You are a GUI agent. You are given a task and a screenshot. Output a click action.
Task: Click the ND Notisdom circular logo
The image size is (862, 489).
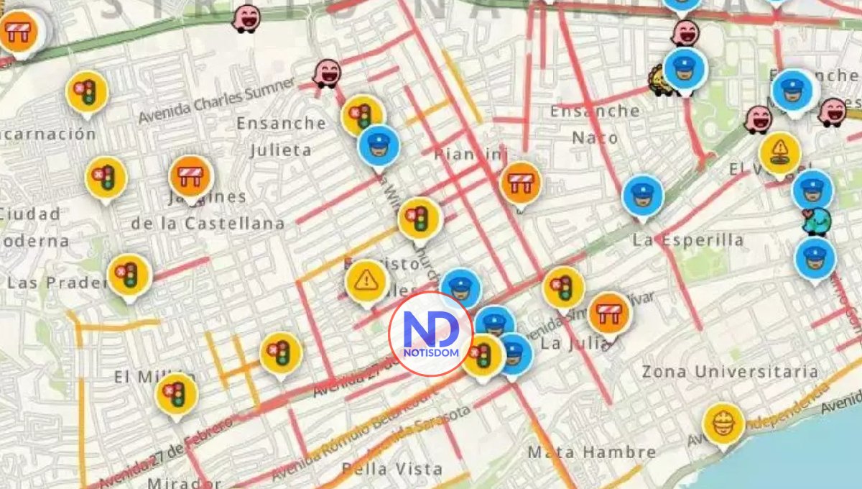point(430,334)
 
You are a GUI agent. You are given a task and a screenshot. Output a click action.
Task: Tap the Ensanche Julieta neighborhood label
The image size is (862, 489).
point(281,136)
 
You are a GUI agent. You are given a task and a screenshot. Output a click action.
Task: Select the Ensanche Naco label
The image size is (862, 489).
point(594,123)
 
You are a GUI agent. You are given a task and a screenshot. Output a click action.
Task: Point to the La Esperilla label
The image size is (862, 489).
point(687,240)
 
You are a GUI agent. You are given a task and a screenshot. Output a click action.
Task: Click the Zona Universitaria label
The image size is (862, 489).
point(729,372)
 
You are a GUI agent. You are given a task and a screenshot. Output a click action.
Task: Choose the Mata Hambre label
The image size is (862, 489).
point(591,452)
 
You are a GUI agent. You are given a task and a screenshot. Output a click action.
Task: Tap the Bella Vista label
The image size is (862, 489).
point(391,469)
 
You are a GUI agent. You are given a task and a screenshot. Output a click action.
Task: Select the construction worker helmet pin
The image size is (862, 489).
point(723,424)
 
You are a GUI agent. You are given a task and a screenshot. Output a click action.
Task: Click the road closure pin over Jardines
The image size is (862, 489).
point(191,175)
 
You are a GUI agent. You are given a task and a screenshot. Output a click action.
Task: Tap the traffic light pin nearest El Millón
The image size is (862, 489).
point(176,393)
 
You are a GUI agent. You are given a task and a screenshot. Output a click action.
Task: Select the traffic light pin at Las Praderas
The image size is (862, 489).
point(129,274)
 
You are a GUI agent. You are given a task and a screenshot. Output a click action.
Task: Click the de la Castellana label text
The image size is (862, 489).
point(208,224)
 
